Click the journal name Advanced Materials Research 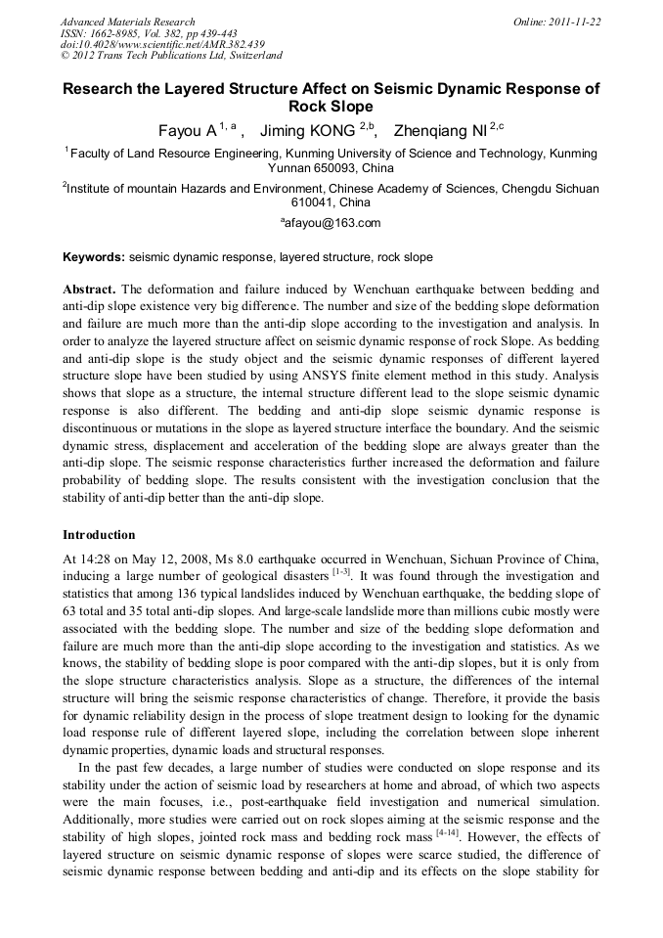(x=128, y=22)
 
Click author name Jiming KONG (x=309, y=129)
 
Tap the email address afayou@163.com (x=333, y=224)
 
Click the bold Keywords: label (x=94, y=257)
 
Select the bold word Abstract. (x=89, y=290)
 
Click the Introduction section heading (x=99, y=535)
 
